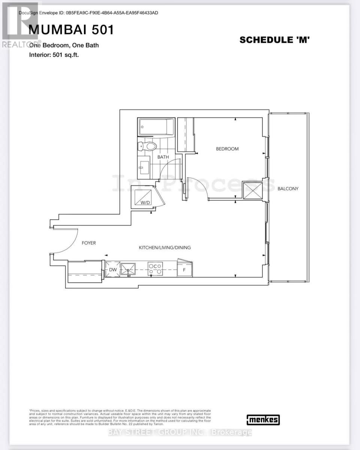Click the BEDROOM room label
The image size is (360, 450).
pos(227,149)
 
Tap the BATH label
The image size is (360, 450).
pos(163,157)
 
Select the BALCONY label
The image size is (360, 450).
pos(288,189)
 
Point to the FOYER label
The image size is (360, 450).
pos(89,243)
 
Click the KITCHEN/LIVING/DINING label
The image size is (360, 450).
pos(165,247)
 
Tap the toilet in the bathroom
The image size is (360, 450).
pos(148,146)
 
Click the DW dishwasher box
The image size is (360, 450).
pos(113,270)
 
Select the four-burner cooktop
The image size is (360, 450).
pos(156,269)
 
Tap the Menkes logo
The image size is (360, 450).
pos(263,420)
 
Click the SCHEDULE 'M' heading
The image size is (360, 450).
pos(274,40)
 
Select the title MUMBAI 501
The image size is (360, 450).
pos(71,30)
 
